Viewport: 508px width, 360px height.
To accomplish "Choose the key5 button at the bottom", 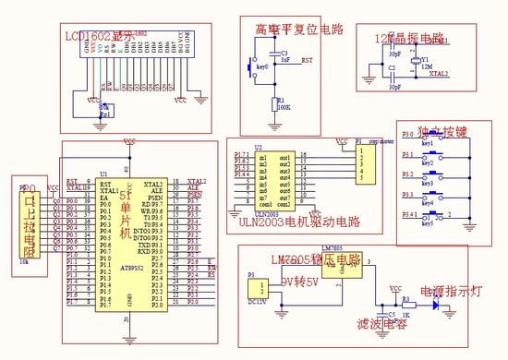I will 429,218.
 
